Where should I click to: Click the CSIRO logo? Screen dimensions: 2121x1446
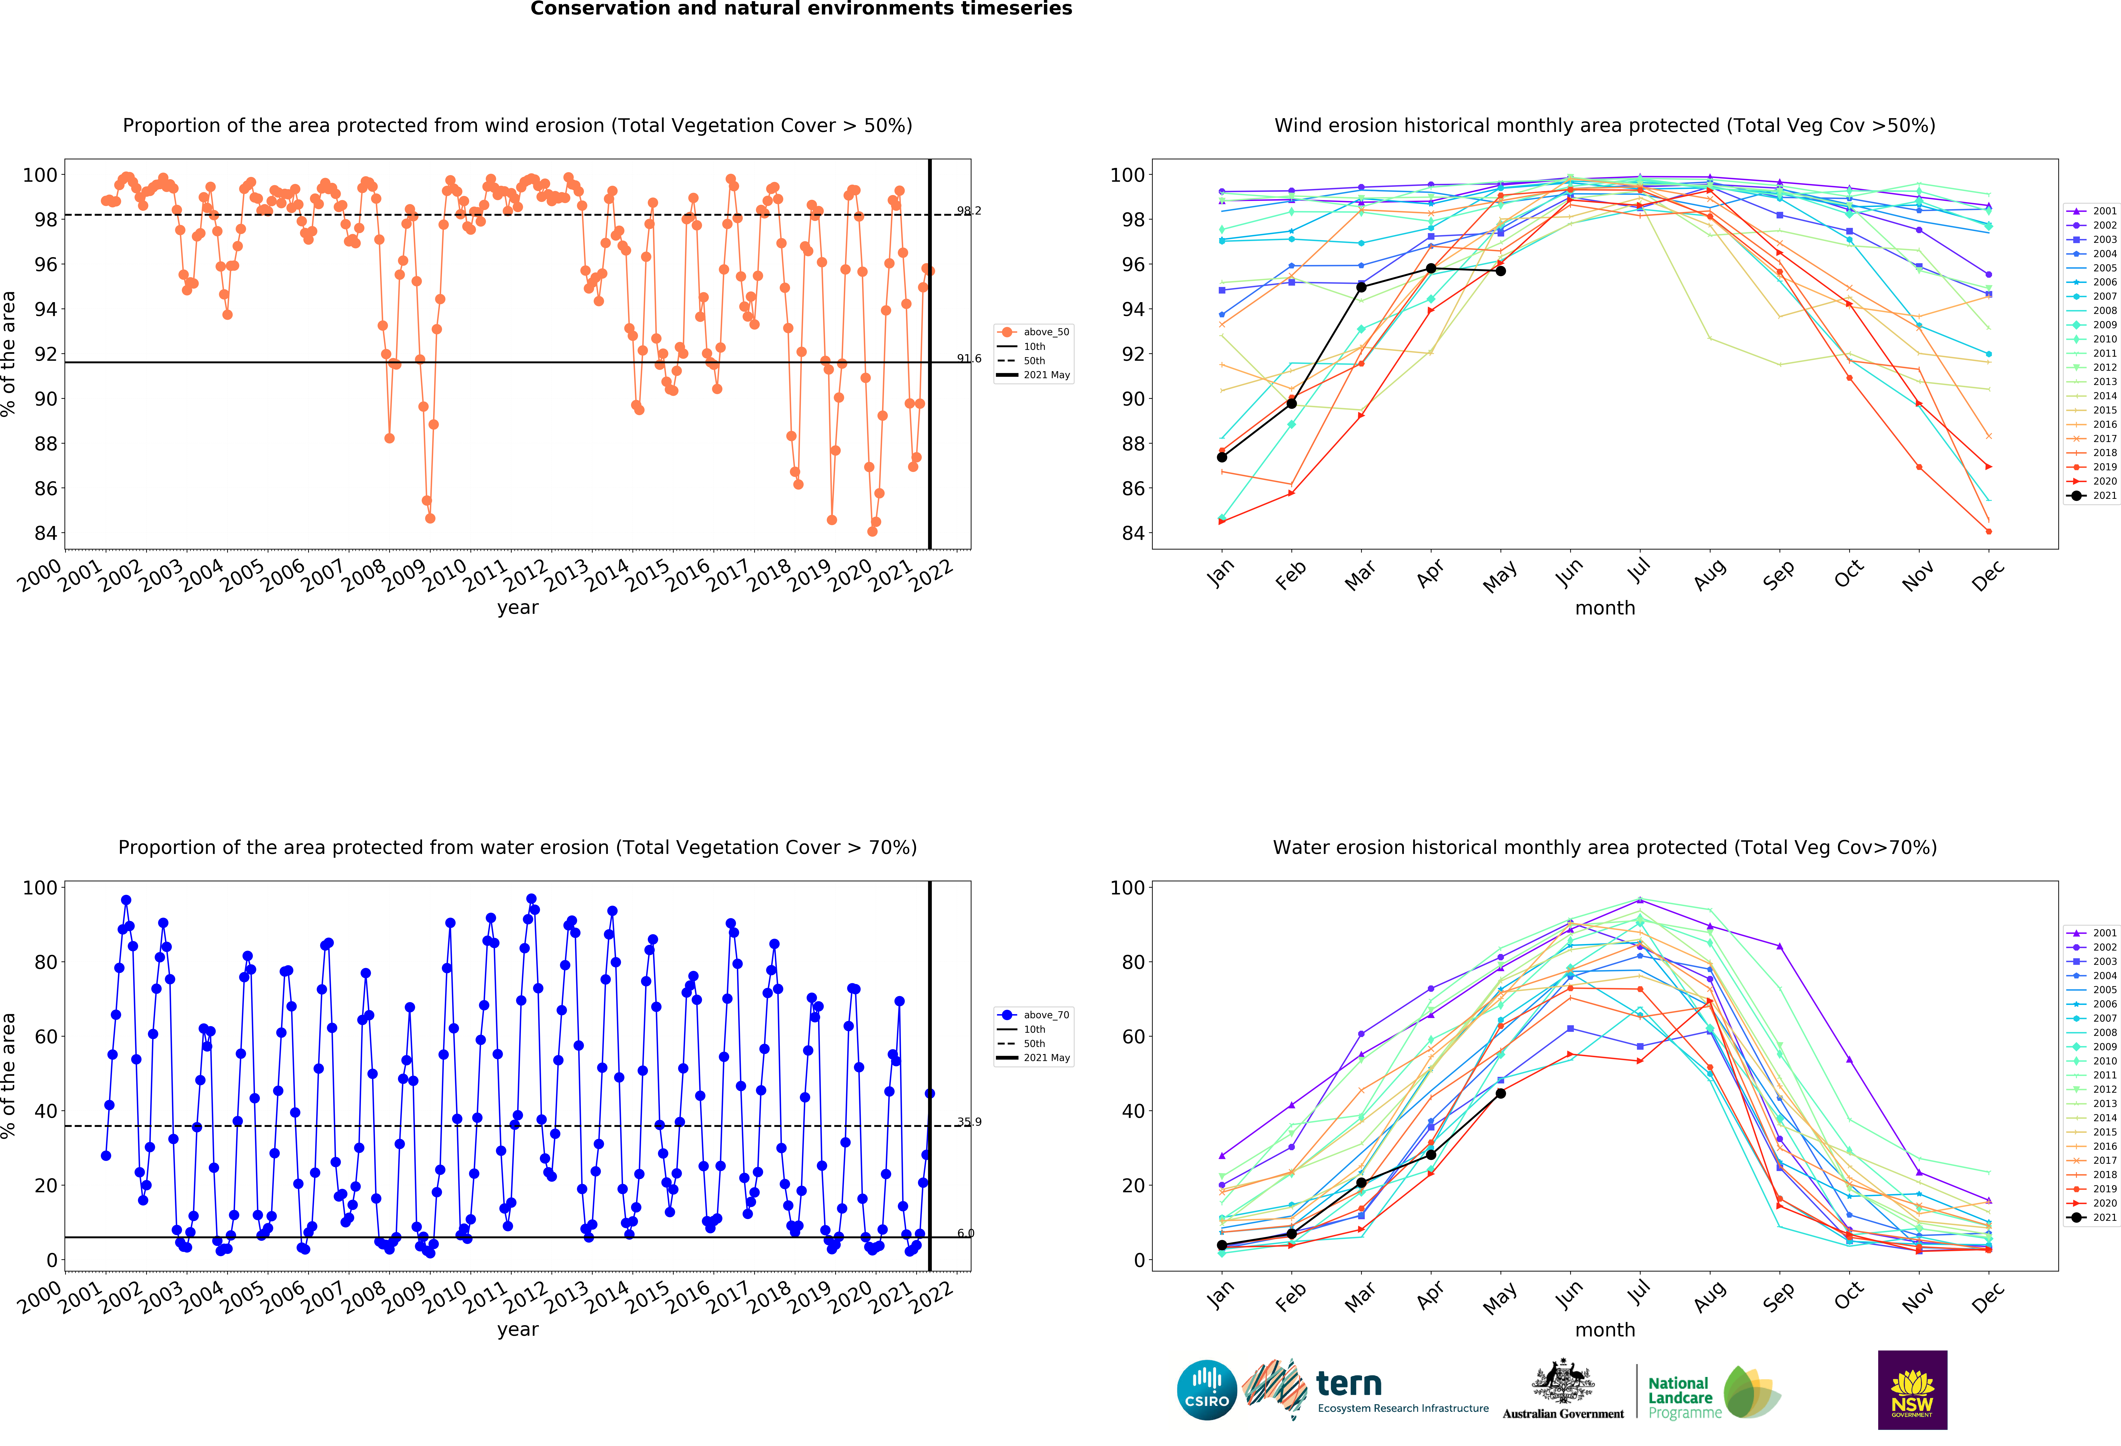[x=1207, y=1390]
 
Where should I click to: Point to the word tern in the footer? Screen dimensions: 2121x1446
[x=1349, y=1384]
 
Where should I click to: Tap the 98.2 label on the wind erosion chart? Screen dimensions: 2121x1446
[x=969, y=211]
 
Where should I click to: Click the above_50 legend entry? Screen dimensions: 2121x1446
[x=1034, y=332]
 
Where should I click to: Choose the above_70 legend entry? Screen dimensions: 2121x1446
[x=1034, y=1015]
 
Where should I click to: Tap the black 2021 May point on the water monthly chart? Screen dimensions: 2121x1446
[x=1500, y=1093]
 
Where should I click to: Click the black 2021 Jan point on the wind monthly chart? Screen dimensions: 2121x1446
[x=1222, y=457]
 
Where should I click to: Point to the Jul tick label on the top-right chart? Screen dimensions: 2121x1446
[x=1639, y=571]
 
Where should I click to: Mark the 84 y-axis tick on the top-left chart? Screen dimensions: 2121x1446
[x=46, y=533]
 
